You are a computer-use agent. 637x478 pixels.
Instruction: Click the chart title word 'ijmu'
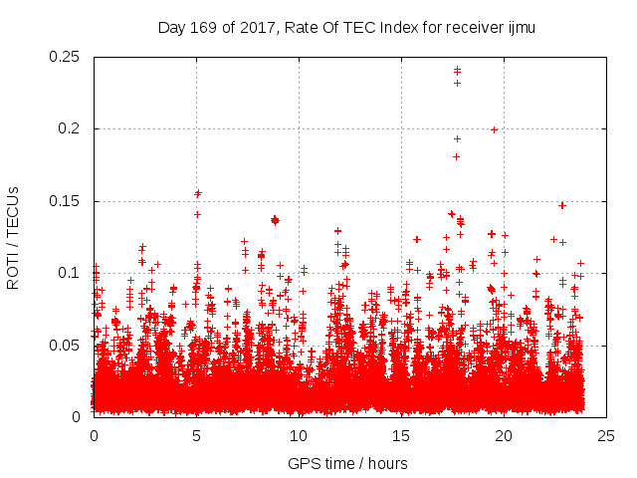pyautogui.click(x=521, y=27)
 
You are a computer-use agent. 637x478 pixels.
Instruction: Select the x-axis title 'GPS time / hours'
pyautogui.click(x=347, y=463)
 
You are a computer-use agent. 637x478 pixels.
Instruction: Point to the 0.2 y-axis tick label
pyautogui.click(x=72, y=129)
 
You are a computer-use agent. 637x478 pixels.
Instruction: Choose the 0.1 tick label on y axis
pyautogui.click(x=72, y=273)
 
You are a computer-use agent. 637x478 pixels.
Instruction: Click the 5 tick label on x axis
pyautogui.click(x=196, y=435)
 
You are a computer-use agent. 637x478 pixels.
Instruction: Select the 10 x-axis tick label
pyautogui.click(x=299, y=435)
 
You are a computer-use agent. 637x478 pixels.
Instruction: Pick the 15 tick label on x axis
pyautogui.click(x=401, y=435)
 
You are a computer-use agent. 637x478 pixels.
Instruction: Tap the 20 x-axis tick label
pyautogui.click(x=504, y=435)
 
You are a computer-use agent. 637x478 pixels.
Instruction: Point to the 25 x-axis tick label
pyautogui.click(x=606, y=435)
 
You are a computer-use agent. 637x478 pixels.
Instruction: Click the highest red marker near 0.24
pyautogui.click(x=457, y=70)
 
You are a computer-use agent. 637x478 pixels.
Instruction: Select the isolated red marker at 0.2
pyautogui.click(x=494, y=129)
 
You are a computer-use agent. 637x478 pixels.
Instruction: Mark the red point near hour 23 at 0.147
pyautogui.click(x=562, y=205)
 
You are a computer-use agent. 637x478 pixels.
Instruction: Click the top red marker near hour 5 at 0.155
pyautogui.click(x=198, y=193)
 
